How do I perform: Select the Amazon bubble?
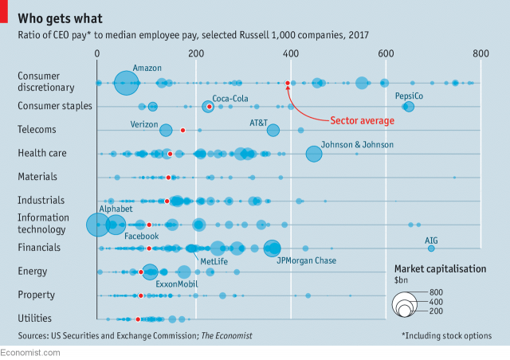point(126,83)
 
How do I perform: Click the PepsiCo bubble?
point(409,107)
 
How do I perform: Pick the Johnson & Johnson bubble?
point(314,154)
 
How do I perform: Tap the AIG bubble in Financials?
point(431,248)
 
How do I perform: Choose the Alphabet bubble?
point(98,225)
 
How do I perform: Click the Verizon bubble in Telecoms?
point(166,131)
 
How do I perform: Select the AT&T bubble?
point(273,131)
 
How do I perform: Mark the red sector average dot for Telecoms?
point(182,130)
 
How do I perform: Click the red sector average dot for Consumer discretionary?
point(288,83)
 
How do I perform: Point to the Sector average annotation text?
point(363,121)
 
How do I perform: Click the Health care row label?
point(41,153)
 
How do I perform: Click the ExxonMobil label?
point(177,284)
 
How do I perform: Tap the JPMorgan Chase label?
point(306,260)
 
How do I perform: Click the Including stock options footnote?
point(446,335)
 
